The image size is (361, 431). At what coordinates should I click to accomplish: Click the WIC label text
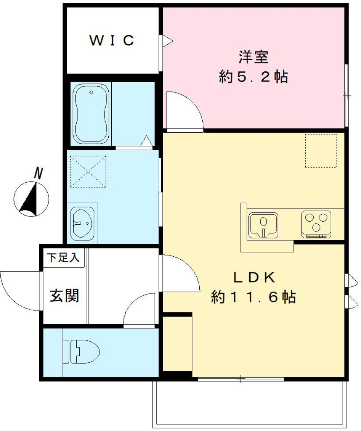click(x=112, y=40)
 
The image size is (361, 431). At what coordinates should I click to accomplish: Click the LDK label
click(x=255, y=278)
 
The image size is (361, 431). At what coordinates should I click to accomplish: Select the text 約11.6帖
click(x=253, y=297)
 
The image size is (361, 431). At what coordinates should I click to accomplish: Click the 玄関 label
click(x=65, y=296)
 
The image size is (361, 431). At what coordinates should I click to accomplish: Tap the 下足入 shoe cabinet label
click(x=63, y=258)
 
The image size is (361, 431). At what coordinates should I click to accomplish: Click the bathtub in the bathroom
click(x=91, y=113)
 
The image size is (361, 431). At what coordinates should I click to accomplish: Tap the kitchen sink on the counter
click(x=263, y=225)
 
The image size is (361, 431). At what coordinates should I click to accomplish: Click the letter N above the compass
click(x=38, y=173)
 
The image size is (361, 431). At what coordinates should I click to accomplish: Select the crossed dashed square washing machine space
click(x=88, y=171)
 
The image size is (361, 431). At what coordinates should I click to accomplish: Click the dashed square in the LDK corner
click(x=320, y=151)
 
